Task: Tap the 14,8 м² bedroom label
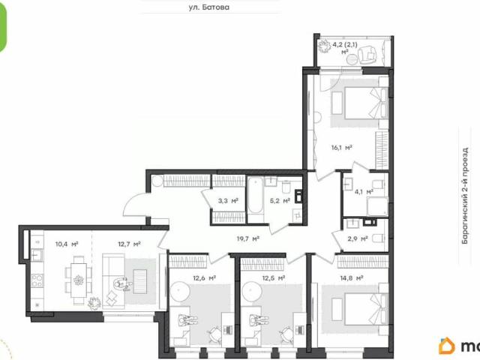[350, 277]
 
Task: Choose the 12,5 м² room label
[273, 277]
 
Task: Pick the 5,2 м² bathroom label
[280, 201]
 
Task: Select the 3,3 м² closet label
[228, 201]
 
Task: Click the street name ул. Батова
[208, 8]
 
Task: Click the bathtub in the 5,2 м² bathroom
[254, 196]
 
